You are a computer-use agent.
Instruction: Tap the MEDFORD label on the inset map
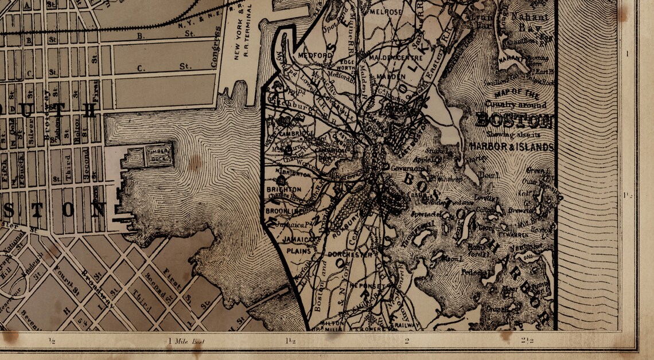(x=315, y=55)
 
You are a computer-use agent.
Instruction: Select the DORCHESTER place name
(x=350, y=253)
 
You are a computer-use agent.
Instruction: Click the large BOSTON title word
(x=514, y=121)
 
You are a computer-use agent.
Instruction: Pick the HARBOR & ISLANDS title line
(x=511, y=147)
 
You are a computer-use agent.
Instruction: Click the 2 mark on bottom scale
(x=407, y=341)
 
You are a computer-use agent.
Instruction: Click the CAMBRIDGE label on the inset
(x=298, y=134)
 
